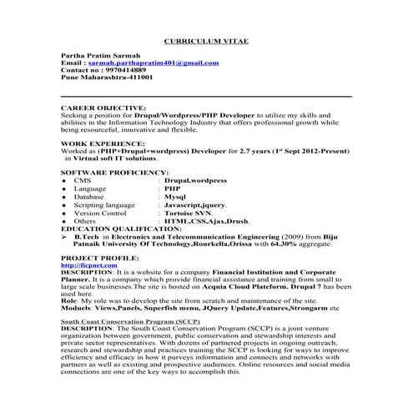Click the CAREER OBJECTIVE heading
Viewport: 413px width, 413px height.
[x=103, y=108]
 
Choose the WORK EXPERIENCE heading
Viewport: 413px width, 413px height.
[x=102, y=144]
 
